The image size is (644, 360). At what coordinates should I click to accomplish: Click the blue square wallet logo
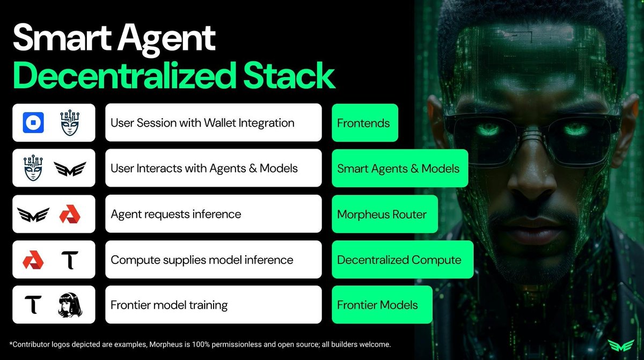click(33, 123)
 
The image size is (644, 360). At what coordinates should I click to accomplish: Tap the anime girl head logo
click(70, 305)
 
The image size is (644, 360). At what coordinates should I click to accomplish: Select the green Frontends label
click(365, 123)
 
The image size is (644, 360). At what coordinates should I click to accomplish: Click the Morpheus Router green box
click(385, 214)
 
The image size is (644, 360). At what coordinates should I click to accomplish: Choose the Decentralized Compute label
click(402, 260)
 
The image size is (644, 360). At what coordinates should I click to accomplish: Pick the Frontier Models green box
click(382, 305)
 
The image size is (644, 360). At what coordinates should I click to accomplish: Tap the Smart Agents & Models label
click(400, 168)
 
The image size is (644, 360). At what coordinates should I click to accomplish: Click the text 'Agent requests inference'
click(176, 214)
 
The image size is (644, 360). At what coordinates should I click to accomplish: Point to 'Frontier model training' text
click(169, 305)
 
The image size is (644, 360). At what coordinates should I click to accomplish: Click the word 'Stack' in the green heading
click(289, 76)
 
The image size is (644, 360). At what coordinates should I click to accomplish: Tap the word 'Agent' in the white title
click(167, 39)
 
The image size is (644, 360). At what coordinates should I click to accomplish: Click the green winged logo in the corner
click(621, 345)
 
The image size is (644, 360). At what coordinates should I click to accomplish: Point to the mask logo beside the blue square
click(70, 123)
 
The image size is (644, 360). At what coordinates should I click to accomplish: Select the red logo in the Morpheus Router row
click(70, 214)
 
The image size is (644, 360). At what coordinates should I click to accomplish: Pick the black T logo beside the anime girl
click(33, 305)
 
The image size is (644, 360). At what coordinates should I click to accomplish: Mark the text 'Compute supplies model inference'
click(202, 260)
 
